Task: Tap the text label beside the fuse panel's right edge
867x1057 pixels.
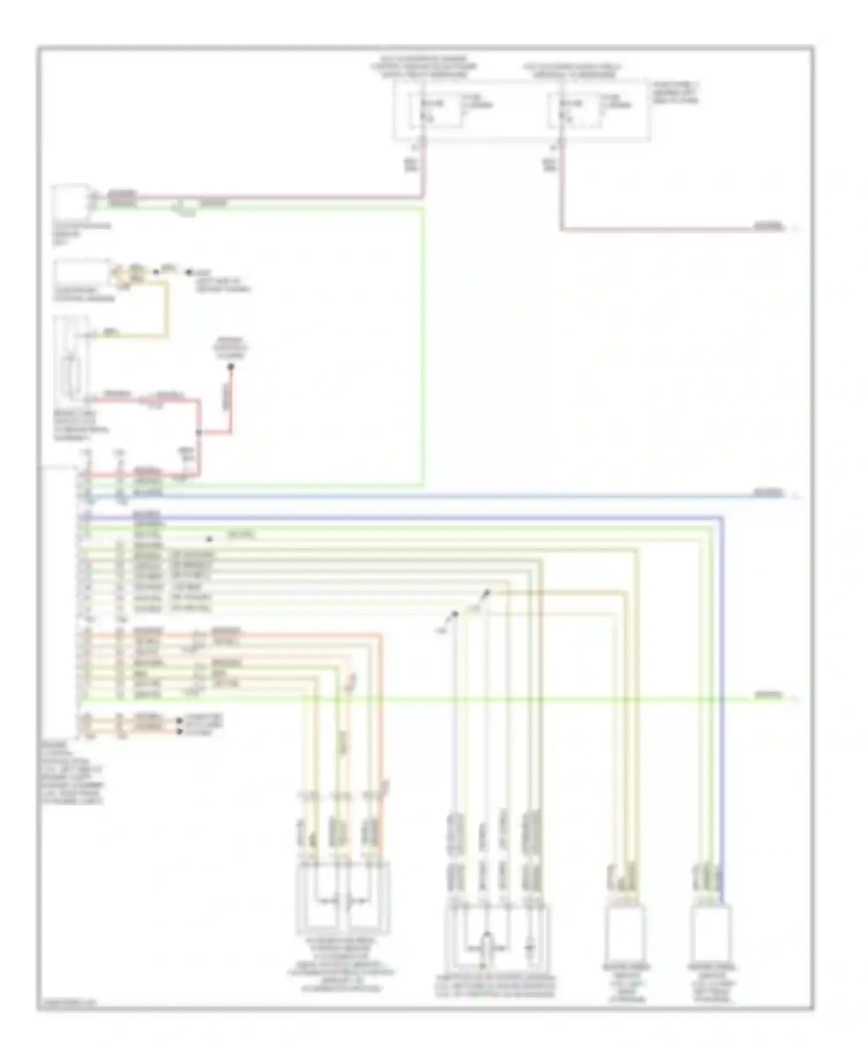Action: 675,93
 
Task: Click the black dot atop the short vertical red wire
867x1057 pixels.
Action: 230,367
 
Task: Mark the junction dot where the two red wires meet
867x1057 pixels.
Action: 199,432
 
